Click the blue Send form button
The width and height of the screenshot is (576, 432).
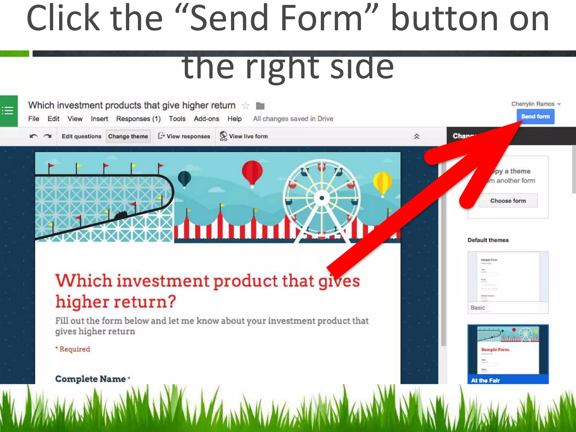535,116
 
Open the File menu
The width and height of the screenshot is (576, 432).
33,119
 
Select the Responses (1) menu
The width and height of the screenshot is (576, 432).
138,119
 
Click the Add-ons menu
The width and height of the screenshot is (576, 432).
206,119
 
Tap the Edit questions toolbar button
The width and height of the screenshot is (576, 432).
81,136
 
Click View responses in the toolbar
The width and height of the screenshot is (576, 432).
184,136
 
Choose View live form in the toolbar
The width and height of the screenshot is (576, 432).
244,136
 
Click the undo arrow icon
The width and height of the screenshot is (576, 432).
33,136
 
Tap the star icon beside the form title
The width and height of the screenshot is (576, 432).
246,106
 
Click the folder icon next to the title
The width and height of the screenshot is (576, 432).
260,106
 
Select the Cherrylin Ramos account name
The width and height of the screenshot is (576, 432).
533,104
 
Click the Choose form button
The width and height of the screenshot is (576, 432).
508,201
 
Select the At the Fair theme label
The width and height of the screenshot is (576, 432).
485,380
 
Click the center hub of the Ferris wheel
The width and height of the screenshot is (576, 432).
322,198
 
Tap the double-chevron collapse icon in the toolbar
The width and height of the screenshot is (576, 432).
417,136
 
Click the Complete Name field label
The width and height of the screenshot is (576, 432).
90,379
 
